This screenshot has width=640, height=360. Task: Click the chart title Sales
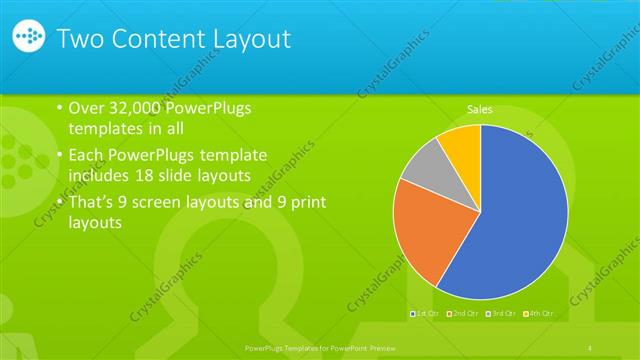(x=480, y=110)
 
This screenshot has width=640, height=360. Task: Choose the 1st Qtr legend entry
(x=426, y=314)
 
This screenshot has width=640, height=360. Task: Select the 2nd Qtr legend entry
(x=463, y=314)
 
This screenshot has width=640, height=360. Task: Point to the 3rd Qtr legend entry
(x=500, y=314)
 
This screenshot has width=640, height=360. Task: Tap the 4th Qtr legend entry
(x=537, y=314)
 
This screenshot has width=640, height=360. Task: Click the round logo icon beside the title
(x=30, y=38)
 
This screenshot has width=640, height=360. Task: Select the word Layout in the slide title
(x=251, y=39)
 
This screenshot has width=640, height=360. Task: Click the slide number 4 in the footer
(x=591, y=347)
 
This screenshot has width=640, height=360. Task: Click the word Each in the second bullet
(x=85, y=155)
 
